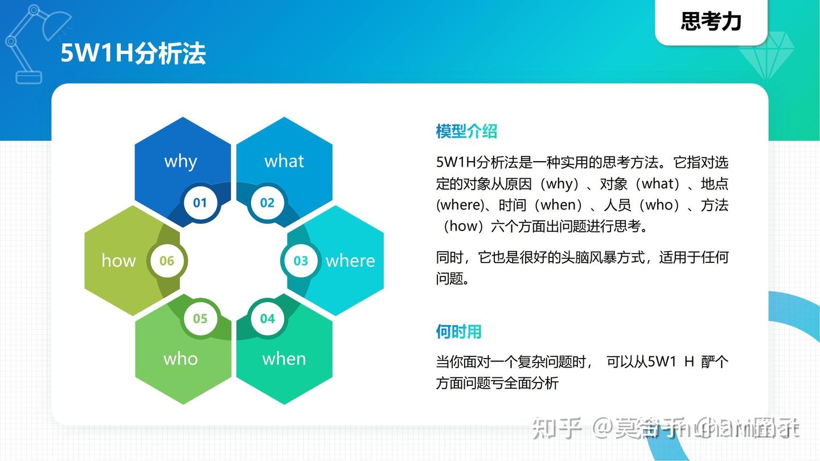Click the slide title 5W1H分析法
[133, 53]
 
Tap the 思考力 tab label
[711, 22]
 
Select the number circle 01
[200, 203]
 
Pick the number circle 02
[267, 203]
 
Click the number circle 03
[301, 261]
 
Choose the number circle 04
[267, 319]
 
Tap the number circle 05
[200, 319]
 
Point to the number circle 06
[166, 261]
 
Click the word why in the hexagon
[181, 162]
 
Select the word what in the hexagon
[284, 161]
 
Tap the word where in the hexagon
[350, 261]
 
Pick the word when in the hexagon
[284, 359]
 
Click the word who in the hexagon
[181, 359]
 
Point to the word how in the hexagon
[118, 261]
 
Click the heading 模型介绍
[466, 131]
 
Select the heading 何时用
[458, 332]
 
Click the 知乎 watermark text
[557, 429]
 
